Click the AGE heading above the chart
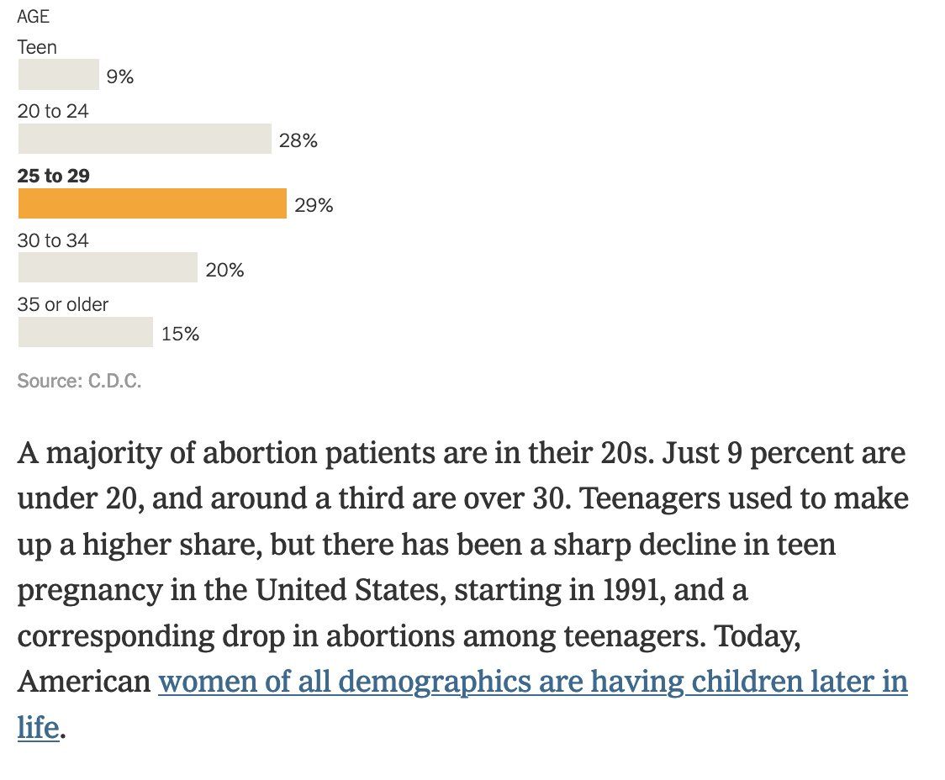click(x=34, y=18)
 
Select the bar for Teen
click(x=58, y=75)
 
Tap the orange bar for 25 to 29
click(x=152, y=203)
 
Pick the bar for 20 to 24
click(x=145, y=139)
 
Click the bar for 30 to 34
click(x=108, y=267)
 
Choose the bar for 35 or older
click(x=85, y=332)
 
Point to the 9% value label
click(x=120, y=77)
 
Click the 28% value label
click(x=298, y=141)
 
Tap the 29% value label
click(x=314, y=206)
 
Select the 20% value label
click(x=224, y=270)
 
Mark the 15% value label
click(x=180, y=335)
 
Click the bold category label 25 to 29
click(x=53, y=176)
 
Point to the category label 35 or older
click(x=63, y=304)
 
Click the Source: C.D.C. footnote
click(x=79, y=382)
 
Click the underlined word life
click(x=38, y=727)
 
